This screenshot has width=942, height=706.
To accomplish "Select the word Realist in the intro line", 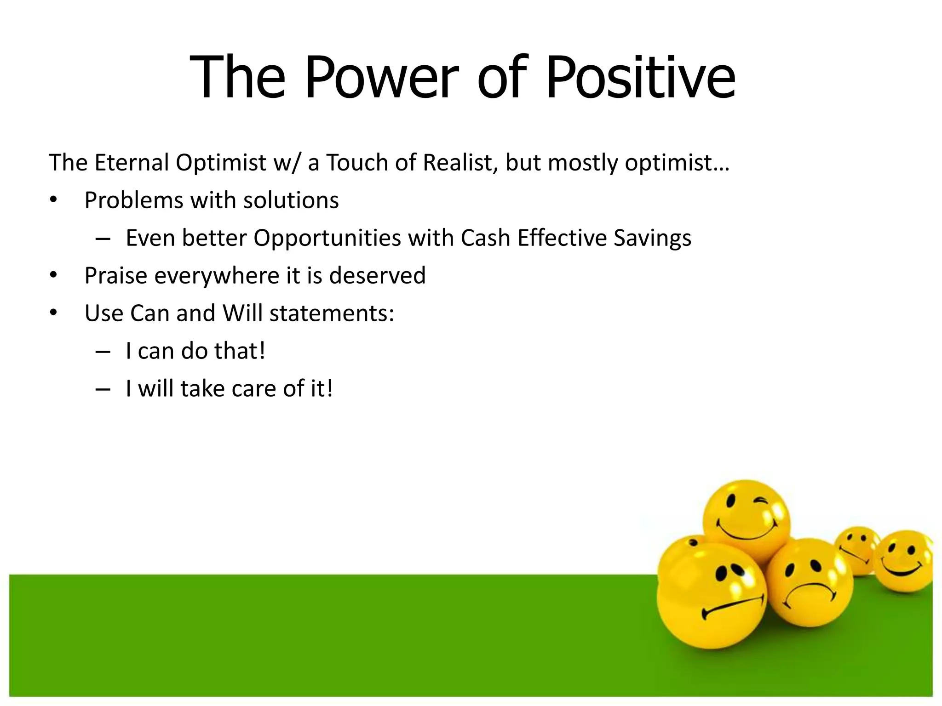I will tap(460, 163).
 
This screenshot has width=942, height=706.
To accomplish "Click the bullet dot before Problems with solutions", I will tap(54, 200).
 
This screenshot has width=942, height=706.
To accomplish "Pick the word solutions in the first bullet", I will tap(291, 200).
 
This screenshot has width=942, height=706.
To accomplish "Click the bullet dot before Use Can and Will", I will tap(54, 313).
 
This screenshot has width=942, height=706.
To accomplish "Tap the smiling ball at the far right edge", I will tap(904, 561).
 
